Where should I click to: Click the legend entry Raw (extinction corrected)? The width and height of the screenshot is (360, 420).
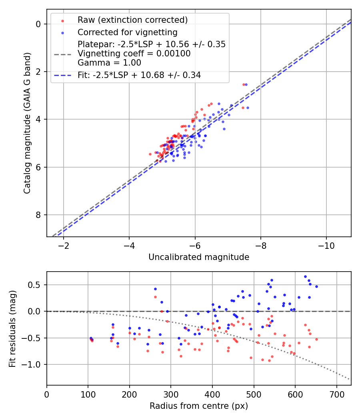pyautogui.click(x=132, y=20)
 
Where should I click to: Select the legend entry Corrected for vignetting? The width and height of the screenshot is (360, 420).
pyautogui.click(x=127, y=32)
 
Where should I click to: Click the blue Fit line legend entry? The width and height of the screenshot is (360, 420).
pyautogui.click(x=139, y=75)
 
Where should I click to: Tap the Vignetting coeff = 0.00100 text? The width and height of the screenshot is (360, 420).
pyautogui.click(x=134, y=54)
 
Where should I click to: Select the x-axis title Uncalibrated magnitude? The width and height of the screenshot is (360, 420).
pyautogui.click(x=199, y=257)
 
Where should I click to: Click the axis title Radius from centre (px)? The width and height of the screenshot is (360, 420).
pyautogui.click(x=199, y=406)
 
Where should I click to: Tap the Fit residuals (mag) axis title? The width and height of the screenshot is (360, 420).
pyautogui.click(x=12, y=328)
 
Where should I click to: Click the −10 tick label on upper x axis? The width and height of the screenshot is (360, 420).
pyautogui.click(x=326, y=244)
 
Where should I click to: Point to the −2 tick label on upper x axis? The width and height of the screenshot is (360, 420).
pyautogui.click(x=63, y=244)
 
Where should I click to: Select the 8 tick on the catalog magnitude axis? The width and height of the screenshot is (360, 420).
pyautogui.click(x=39, y=215)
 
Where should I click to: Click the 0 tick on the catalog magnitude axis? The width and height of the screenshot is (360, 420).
pyautogui.click(x=39, y=24)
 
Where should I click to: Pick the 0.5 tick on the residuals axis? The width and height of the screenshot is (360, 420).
pyautogui.click(x=36, y=285)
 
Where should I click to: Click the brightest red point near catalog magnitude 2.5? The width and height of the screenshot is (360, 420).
pyautogui.click(x=244, y=84)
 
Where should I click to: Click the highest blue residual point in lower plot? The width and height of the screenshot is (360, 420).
pyautogui.click(x=305, y=276)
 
